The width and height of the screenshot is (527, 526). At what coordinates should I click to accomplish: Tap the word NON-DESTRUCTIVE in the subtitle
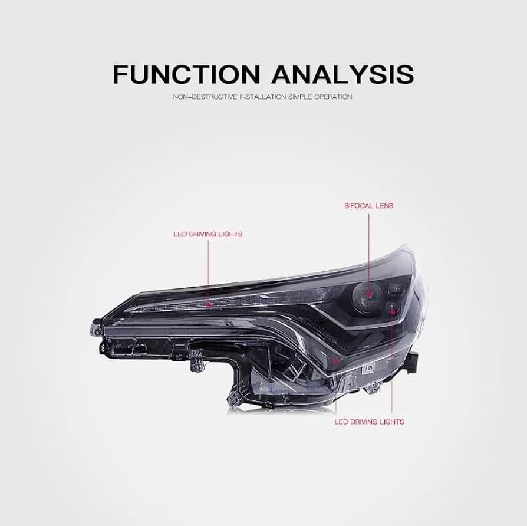click(201, 97)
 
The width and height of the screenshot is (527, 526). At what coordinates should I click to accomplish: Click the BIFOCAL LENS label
click(368, 206)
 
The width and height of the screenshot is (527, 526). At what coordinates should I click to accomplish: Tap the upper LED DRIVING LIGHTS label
click(207, 234)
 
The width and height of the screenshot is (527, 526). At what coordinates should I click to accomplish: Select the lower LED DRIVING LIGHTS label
click(369, 422)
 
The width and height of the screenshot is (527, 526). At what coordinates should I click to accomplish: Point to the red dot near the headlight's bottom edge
click(336, 359)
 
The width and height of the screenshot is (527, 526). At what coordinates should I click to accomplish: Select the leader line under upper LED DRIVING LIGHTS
click(208, 271)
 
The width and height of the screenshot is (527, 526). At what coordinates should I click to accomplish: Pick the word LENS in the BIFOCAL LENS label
click(383, 206)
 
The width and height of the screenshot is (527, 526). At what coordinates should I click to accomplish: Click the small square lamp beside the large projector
click(396, 289)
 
